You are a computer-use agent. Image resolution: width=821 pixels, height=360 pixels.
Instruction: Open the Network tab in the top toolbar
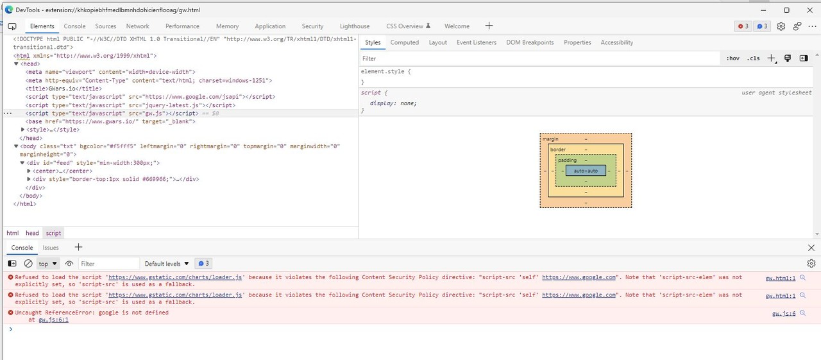pos(137,26)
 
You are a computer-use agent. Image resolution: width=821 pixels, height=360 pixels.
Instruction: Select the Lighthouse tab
pos(355,26)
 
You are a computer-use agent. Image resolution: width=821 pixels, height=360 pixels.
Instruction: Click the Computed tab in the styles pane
pos(404,42)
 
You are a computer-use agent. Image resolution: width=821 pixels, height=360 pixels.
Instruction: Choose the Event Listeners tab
pos(477,42)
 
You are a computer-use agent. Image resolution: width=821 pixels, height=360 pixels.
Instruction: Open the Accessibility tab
pos(616,42)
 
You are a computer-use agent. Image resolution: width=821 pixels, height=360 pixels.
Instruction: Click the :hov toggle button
pos(732,58)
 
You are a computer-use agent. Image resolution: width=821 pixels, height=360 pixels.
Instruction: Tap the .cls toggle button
pos(753,58)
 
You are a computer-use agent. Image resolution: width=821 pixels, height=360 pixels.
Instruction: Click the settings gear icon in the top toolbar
pos(781,26)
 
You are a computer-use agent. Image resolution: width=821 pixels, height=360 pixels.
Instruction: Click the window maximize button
pos(786,10)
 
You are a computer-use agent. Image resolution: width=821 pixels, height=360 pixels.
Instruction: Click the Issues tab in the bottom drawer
pos(51,248)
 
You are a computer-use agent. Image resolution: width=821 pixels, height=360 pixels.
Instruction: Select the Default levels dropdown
pos(167,264)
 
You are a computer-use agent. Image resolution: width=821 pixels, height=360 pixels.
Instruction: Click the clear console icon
pos(28,264)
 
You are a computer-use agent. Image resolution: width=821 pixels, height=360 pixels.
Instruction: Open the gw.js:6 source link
pos(784,313)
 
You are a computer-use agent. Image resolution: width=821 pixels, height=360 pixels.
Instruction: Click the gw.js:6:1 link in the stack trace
pos(53,320)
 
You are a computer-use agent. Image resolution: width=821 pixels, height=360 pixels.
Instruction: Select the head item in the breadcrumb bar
pos(32,233)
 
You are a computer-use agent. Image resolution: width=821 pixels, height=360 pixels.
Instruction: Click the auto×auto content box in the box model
pos(586,171)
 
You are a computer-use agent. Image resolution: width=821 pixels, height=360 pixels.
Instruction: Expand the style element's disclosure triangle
pos(22,130)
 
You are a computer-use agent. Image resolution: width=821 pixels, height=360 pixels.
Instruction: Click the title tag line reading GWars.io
pos(63,89)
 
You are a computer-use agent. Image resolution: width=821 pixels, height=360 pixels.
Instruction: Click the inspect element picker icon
pos(12,26)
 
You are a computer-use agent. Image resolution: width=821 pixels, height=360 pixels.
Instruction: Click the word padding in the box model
pos(568,160)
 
